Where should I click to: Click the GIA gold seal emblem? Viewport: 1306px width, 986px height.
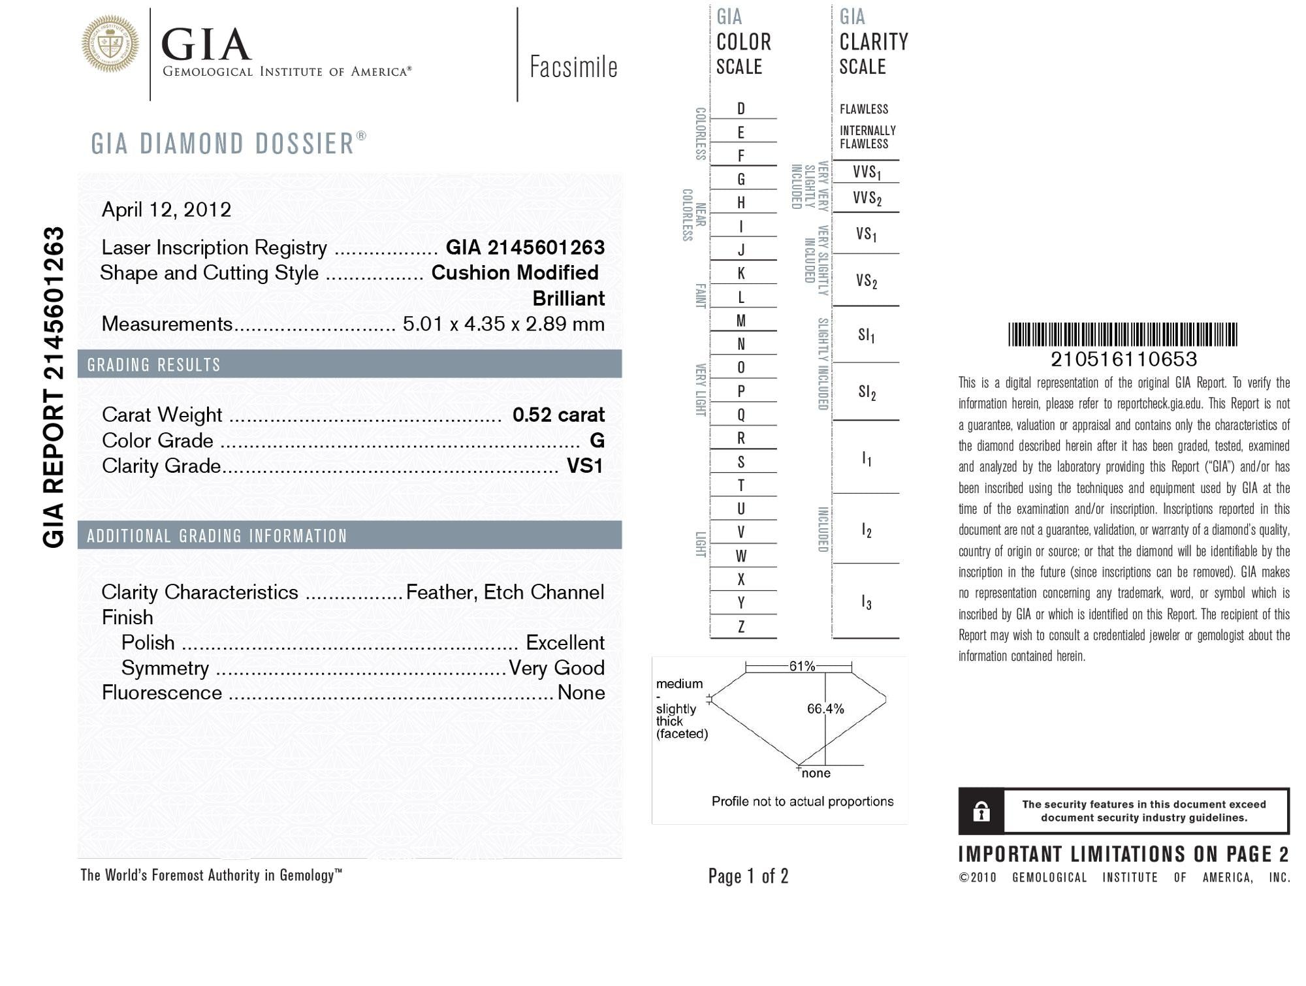[x=110, y=44]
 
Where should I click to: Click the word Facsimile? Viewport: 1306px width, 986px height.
[x=573, y=67]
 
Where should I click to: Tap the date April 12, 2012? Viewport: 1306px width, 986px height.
[x=167, y=210]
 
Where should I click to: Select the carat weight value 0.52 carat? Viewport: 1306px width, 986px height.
[x=558, y=415]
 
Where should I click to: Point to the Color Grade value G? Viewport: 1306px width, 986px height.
[x=597, y=441]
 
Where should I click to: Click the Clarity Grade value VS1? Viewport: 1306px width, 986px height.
[x=584, y=466]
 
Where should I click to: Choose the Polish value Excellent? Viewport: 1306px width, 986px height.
[x=565, y=643]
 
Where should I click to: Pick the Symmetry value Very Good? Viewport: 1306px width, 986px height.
[x=556, y=668]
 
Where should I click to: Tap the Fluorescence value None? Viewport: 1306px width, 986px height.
[x=581, y=693]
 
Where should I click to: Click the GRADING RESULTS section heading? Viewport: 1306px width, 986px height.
[x=154, y=364]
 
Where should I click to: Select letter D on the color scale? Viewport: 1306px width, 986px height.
[x=741, y=109]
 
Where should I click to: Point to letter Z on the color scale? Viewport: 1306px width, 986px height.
[x=741, y=627]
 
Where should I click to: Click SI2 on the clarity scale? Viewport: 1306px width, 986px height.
[x=867, y=392]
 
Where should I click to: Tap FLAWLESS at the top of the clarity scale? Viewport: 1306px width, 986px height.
[x=863, y=109]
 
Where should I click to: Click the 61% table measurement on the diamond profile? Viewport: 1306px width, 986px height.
[x=802, y=666]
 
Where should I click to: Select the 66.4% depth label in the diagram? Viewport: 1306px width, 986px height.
[x=825, y=709]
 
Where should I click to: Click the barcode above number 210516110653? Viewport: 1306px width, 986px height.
[x=1123, y=334]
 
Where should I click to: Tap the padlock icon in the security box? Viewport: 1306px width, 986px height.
[x=981, y=812]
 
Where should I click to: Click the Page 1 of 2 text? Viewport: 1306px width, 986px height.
[x=748, y=876]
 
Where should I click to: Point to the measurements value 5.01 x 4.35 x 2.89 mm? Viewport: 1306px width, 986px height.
[x=503, y=324]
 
